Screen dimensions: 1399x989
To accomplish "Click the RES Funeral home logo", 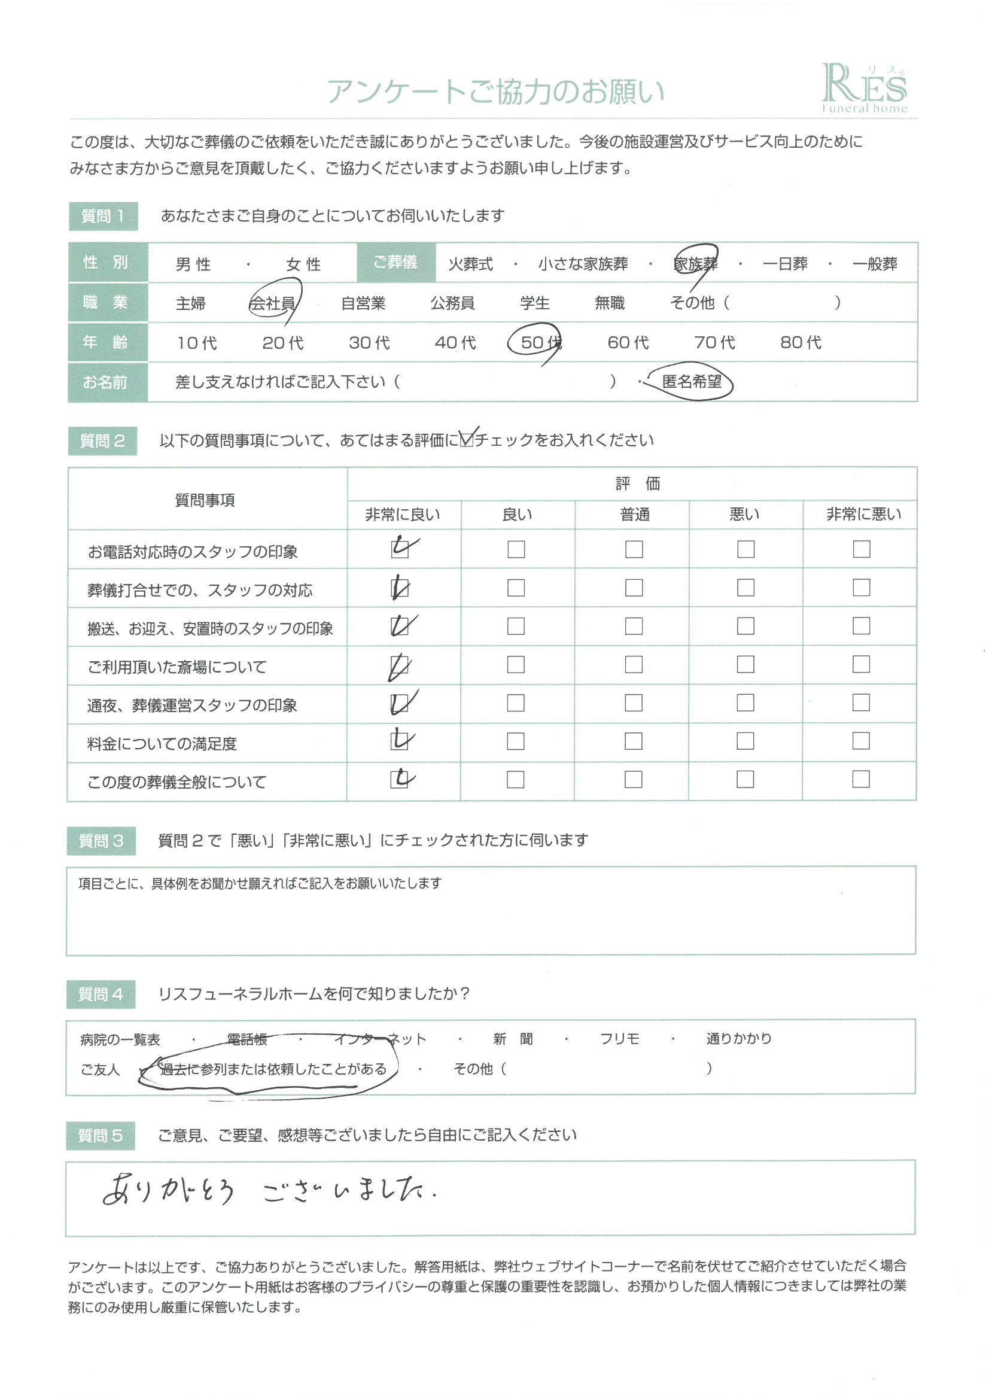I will pos(864,89).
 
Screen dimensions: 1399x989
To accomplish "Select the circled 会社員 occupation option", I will pos(272,303).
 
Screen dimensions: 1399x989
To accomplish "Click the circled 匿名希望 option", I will pos(691,382).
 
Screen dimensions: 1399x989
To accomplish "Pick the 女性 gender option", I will pos(303,264).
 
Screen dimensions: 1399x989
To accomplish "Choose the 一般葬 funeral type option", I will pos(875,264).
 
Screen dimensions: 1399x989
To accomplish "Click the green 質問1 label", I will pos(103,216).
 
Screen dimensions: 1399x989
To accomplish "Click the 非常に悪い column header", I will pos(863,514).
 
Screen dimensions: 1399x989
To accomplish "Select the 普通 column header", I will pos(634,514).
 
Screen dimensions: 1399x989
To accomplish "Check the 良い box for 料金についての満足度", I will pos(516,741).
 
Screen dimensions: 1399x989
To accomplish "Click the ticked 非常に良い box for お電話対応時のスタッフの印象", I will pos(400,548).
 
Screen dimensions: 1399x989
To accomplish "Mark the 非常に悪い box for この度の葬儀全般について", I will pos(860,779).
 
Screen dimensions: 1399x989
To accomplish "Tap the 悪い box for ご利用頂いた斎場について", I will pos(745,664).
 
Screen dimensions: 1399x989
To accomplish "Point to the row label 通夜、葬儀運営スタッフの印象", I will pos(192,705).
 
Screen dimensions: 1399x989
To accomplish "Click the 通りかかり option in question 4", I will pos(738,1038).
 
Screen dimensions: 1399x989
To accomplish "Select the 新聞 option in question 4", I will pos(513,1039).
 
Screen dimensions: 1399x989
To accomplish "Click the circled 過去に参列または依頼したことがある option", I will pos(272,1069).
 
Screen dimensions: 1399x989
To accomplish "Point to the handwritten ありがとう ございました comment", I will pos(268,1190).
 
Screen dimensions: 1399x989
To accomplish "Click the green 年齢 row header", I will pos(105,342).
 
